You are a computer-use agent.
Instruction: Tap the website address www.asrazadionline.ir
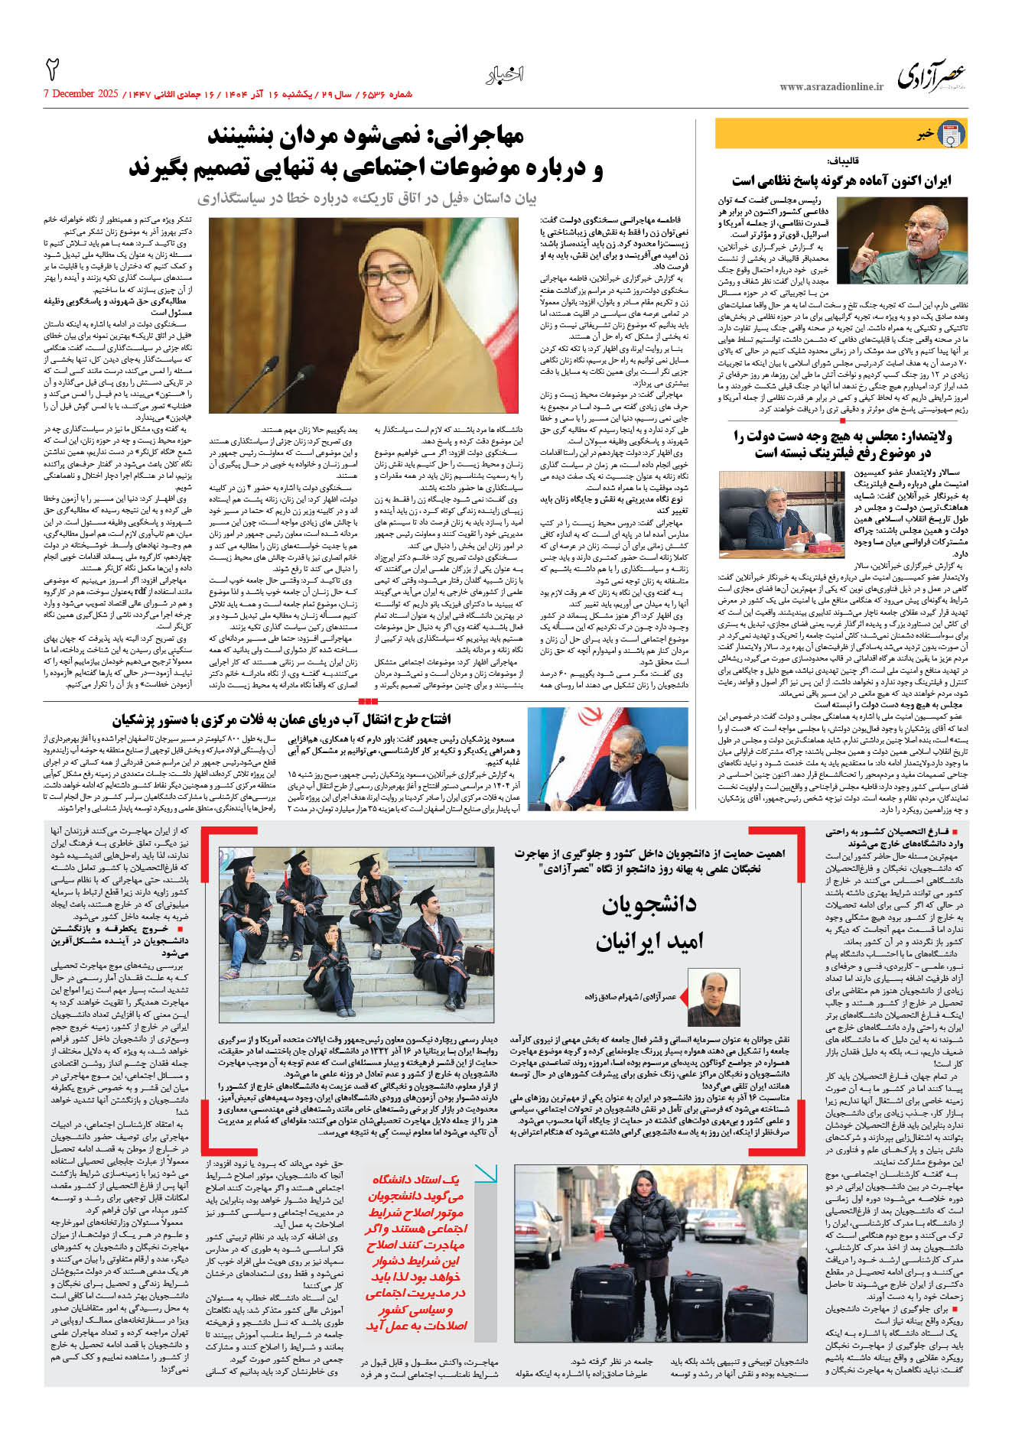[831, 87]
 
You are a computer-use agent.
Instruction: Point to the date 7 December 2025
[81, 94]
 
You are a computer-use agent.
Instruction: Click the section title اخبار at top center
[505, 75]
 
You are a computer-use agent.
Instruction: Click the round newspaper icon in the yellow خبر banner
[951, 135]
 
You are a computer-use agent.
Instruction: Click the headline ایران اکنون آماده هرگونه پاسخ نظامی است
[841, 181]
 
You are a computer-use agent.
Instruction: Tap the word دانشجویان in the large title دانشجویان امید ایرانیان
[649, 904]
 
